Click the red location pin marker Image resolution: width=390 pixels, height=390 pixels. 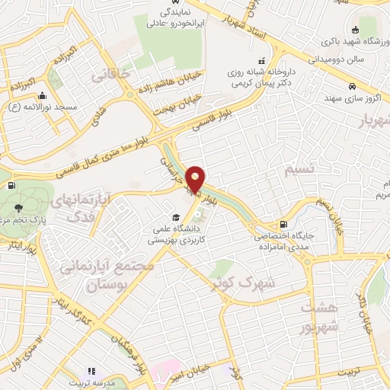click(x=196, y=178)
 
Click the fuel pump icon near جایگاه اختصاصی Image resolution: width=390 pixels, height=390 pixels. click(x=283, y=224)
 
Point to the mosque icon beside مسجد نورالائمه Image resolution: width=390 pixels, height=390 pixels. click(x=42, y=97)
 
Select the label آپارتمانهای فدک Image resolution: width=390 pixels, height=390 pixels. click(x=85, y=206)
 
